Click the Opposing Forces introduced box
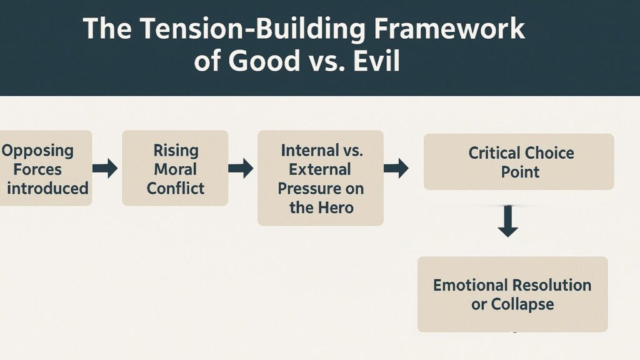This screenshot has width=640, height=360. [x=45, y=168]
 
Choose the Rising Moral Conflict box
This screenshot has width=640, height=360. [x=175, y=168]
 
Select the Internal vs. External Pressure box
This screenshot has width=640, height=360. [x=320, y=177]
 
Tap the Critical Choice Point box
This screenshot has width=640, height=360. [x=519, y=161]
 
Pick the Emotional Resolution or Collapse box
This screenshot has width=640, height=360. [x=512, y=294]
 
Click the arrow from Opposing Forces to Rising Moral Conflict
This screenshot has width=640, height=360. [x=105, y=168]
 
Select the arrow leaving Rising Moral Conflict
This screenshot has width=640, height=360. [x=241, y=168]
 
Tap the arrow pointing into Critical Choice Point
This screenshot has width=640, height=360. [x=396, y=167]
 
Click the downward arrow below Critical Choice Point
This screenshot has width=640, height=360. [x=508, y=223]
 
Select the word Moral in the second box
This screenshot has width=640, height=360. [x=175, y=169]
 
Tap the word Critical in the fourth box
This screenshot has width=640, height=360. [x=494, y=153]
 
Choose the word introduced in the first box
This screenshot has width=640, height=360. [x=47, y=187]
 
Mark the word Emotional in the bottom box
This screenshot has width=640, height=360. [x=470, y=285]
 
